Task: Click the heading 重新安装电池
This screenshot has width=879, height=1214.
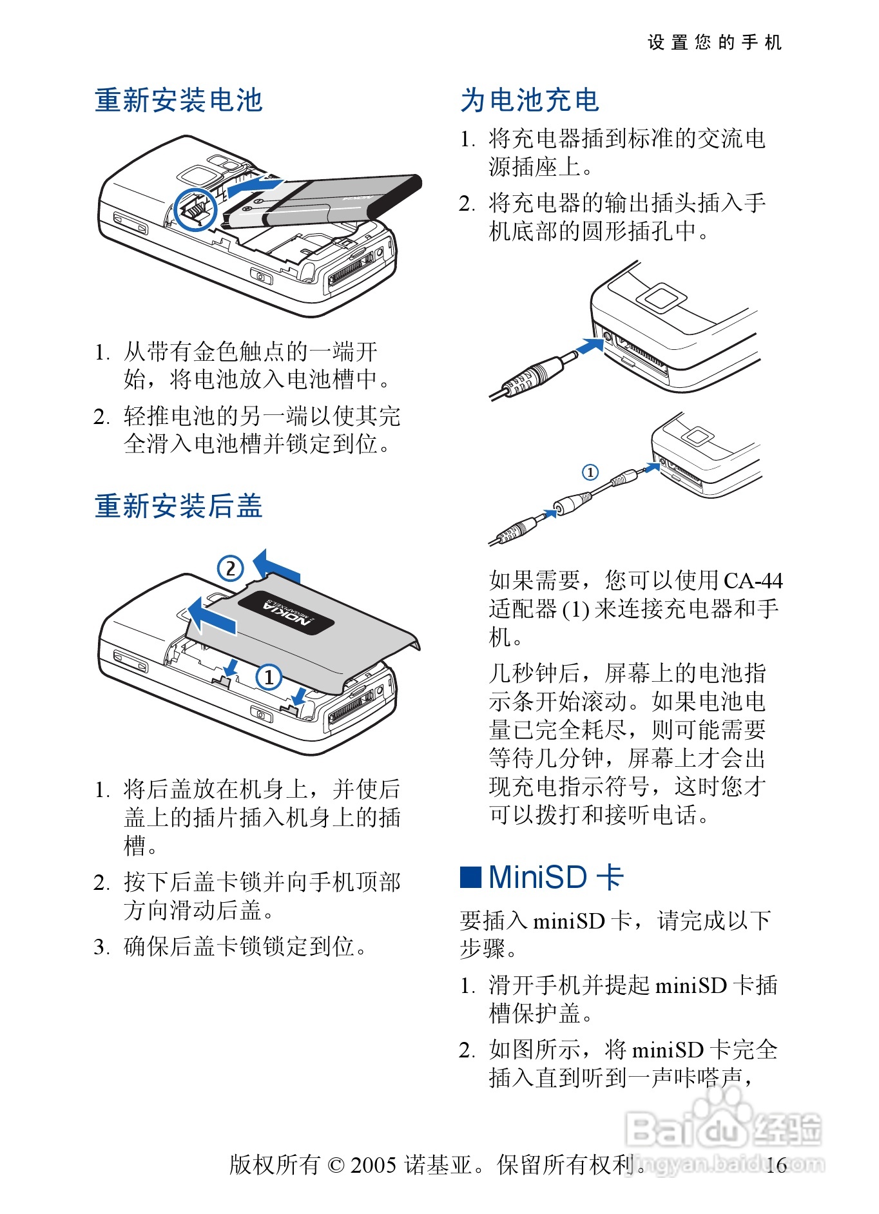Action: pos(179,101)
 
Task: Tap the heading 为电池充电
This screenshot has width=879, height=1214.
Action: pos(530,101)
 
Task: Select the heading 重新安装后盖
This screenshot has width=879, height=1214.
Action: pos(179,506)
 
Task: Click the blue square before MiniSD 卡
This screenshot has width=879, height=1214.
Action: pos(470,877)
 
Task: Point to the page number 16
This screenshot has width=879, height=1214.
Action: pos(777,1165)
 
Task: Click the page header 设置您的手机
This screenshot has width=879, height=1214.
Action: pos(715,43)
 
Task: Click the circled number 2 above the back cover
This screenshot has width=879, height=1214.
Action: pos(230,568)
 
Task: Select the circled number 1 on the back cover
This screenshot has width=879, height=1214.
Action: pos(269,677)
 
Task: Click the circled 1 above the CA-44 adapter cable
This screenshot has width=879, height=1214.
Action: pos(590,472)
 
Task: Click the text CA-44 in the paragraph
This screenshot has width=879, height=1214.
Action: pos(753,581)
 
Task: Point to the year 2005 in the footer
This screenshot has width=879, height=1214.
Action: pos(373,1165)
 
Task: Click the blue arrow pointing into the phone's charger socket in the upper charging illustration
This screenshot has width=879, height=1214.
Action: pos(589,346)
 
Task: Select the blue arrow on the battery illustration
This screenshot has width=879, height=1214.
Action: pos(255,186)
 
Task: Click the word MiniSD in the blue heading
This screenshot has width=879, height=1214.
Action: pos(537,877)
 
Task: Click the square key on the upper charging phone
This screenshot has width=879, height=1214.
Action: pos(662,298)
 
